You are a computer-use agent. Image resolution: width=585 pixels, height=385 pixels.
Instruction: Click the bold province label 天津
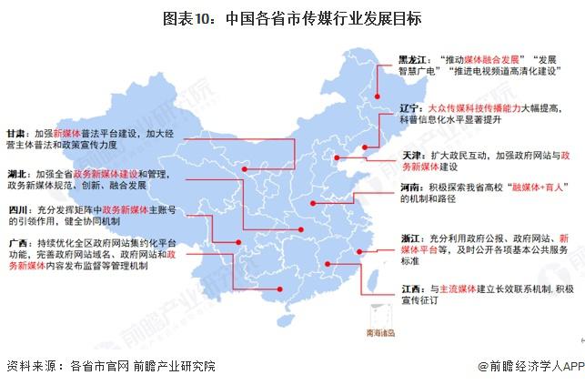(x=412, y=156)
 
